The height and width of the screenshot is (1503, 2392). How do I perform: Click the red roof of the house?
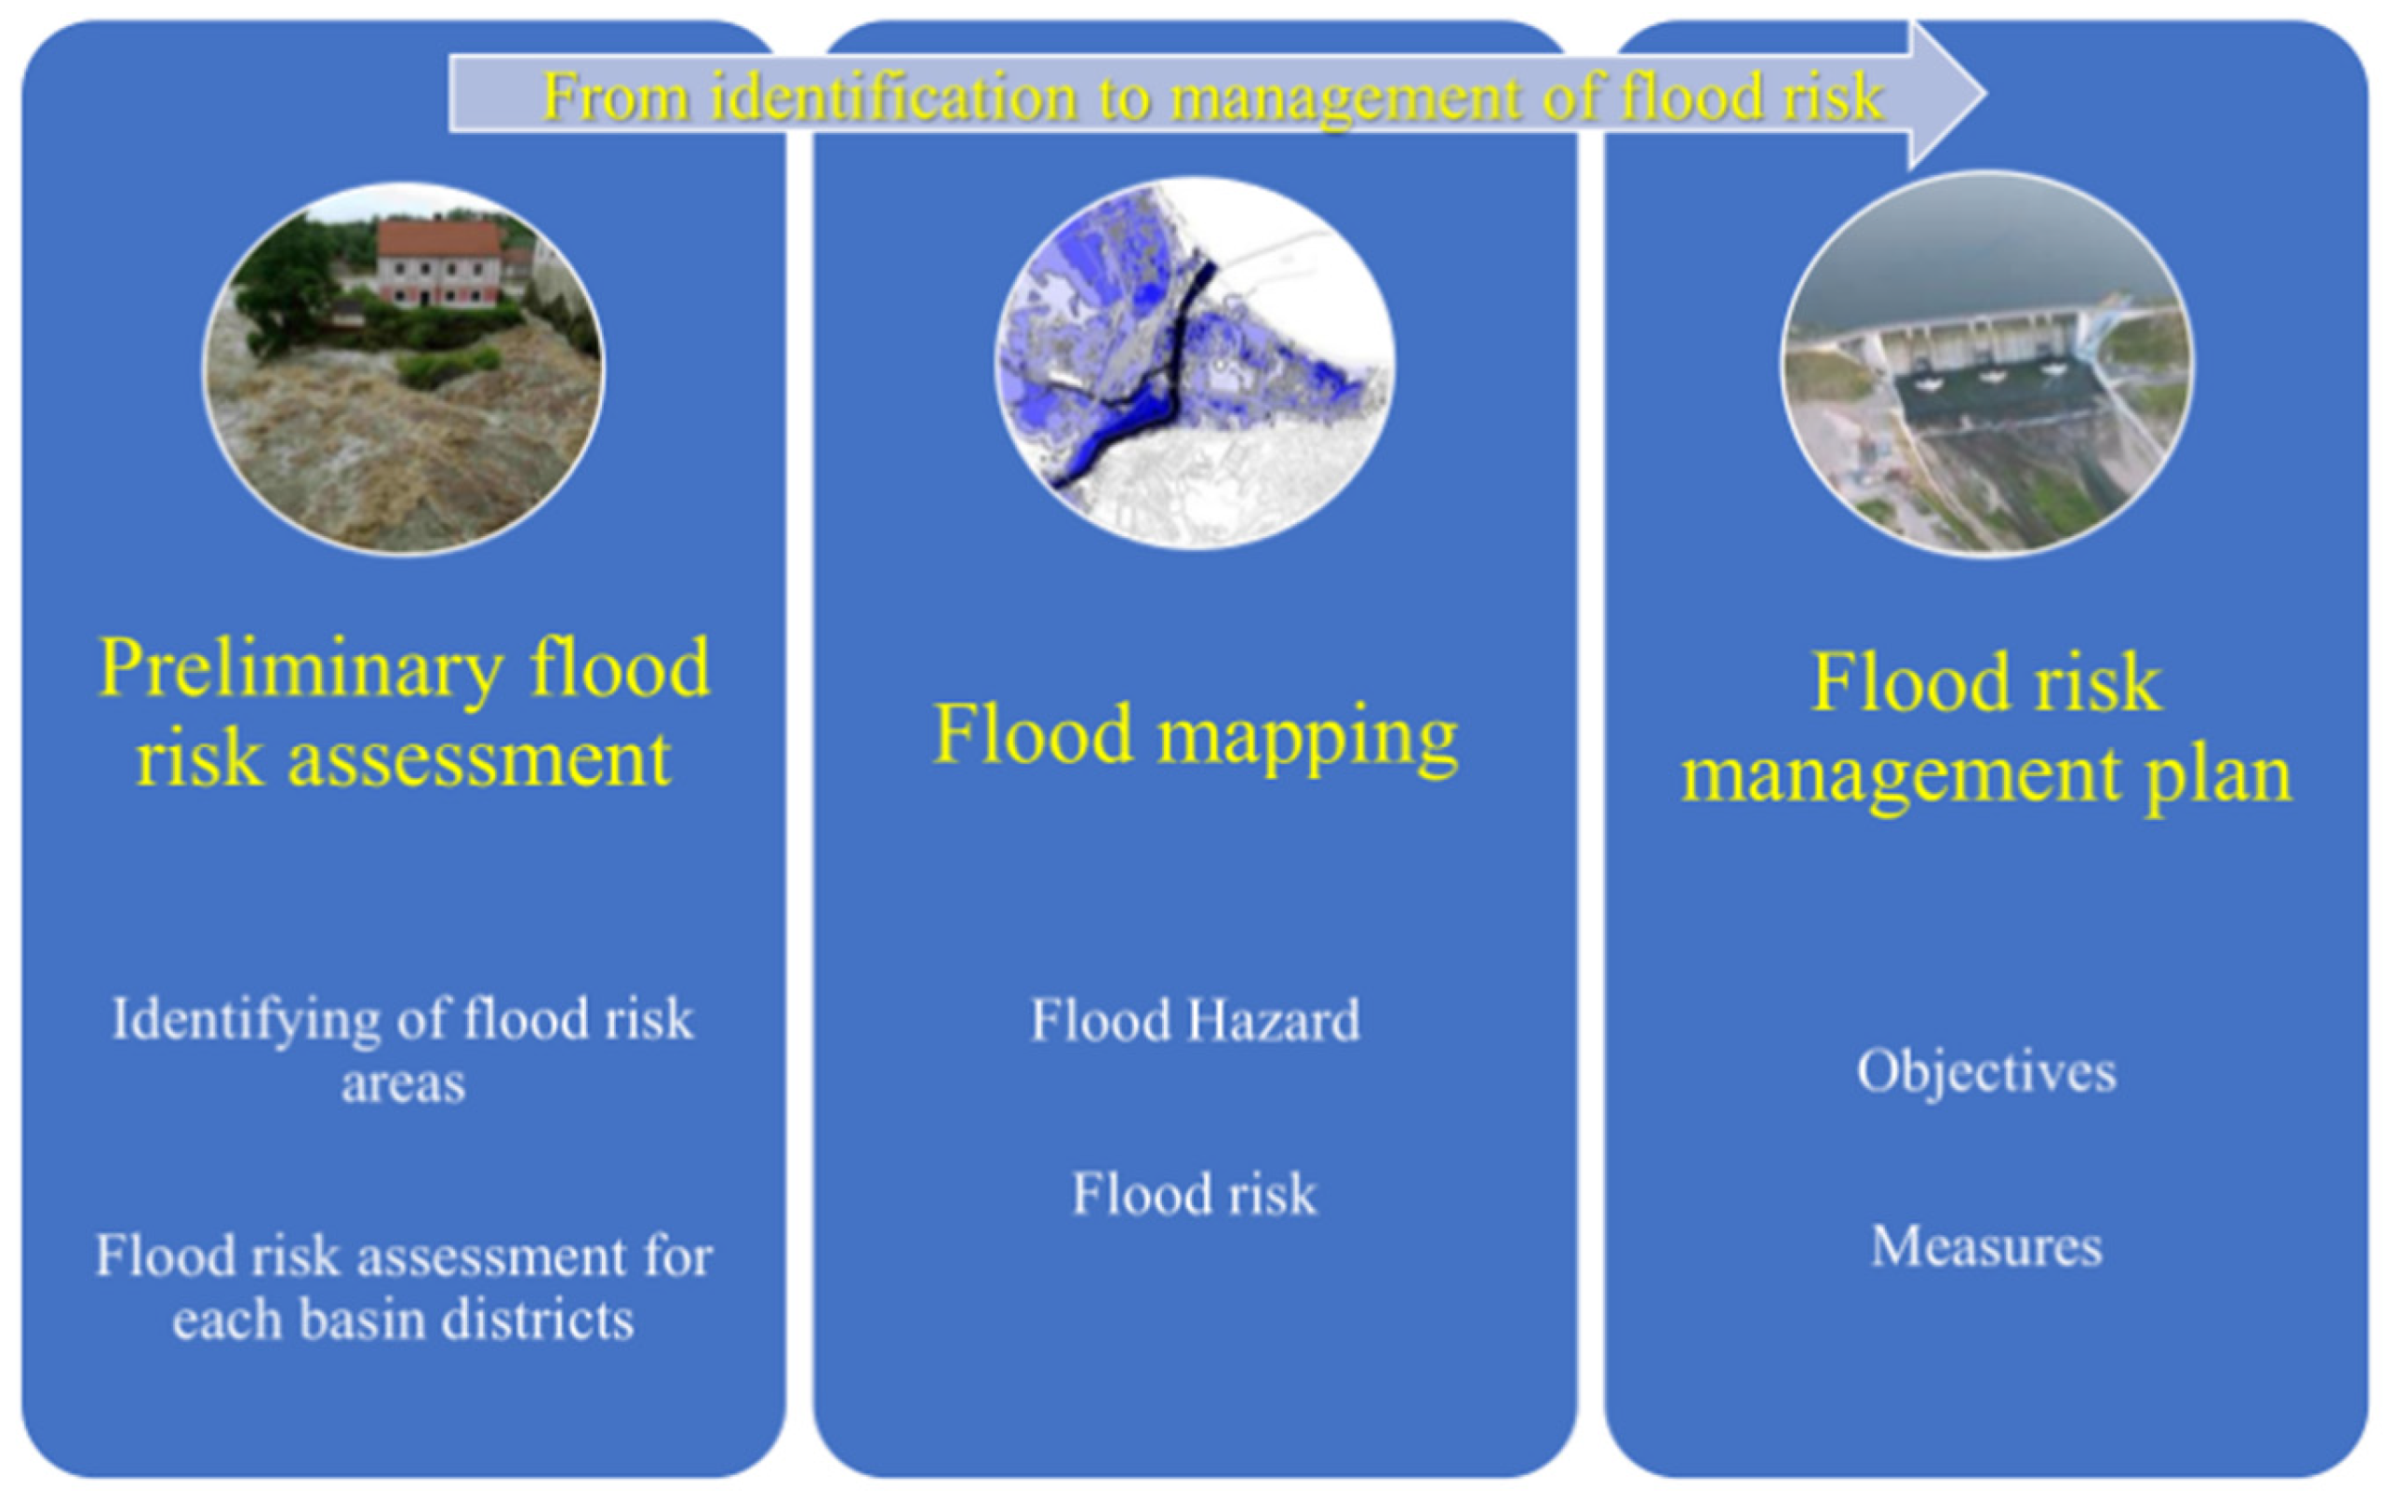coord(439,239)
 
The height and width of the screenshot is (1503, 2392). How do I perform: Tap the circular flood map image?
coord(1194,364)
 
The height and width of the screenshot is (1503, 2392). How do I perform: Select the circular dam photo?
coord(1986,364)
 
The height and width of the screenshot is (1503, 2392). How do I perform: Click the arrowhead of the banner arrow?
coord(1947,94)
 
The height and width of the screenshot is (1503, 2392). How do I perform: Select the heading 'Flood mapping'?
coord(1195,736)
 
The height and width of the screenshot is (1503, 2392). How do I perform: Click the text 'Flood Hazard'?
coord(1195,1020)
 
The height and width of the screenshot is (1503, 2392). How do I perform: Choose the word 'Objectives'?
coord(1986,1072)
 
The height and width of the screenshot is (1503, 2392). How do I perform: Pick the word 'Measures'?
coord(1986,1247)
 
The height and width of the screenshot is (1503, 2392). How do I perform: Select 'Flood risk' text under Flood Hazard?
coord(1194,1194)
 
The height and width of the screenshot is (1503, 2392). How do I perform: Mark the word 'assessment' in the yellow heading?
coord(479,760)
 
